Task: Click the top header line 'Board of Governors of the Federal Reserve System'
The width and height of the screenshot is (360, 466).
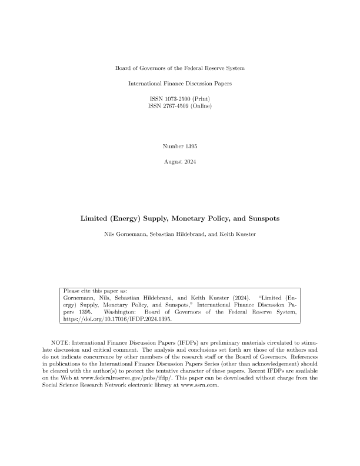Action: [179, 69]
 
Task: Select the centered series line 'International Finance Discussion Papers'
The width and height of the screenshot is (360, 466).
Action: [179, 84]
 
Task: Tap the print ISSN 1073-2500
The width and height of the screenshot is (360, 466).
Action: [179, 98]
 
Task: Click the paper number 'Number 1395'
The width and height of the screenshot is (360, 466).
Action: [179, 145]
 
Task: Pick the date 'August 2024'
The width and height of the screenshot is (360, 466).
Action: [179, 161]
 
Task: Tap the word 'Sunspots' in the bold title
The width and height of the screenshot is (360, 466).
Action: [259, 218]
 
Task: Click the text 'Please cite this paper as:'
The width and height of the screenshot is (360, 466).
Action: [94, 291]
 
